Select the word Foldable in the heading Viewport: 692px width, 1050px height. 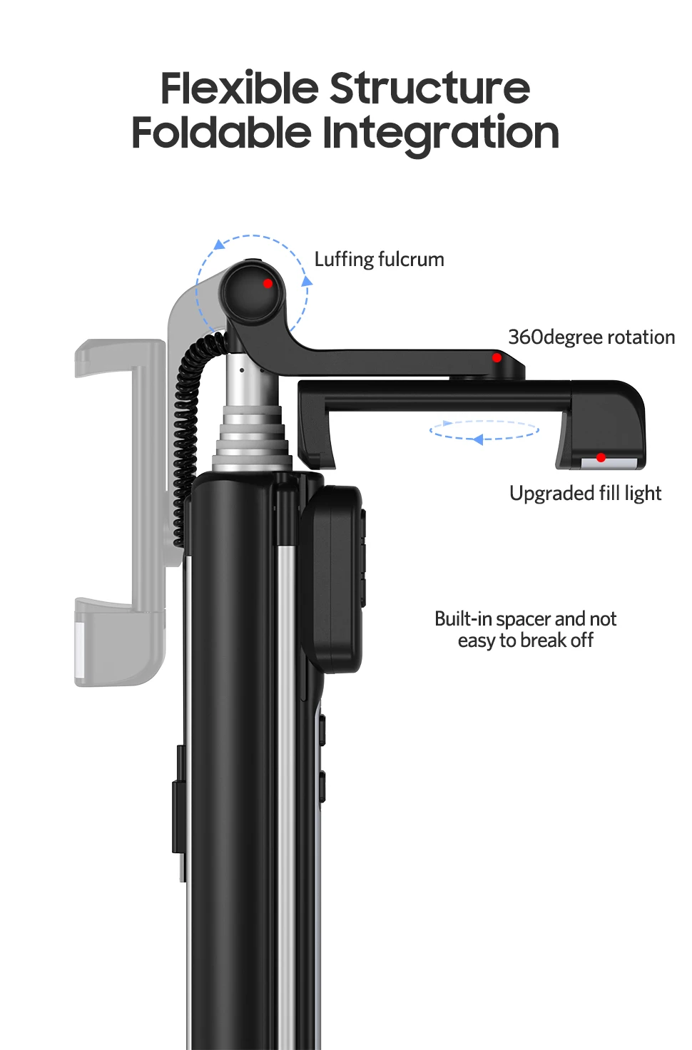[x=221, y=132]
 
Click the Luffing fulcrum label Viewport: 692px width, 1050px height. [x=379, y=259]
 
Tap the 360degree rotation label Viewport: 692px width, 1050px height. [x=591, y=337]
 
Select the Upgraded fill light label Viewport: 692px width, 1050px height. [x=585, y=494]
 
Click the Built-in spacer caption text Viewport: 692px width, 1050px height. [x=525, y=629]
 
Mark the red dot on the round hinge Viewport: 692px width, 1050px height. [x=268, y=283]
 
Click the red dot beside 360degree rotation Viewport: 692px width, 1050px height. [x=497, y=357]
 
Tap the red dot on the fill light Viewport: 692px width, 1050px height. [x=601, y=457]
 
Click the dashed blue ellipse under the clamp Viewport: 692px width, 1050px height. [x=484, y=430]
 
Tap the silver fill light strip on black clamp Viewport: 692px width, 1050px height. [x=609, y=463]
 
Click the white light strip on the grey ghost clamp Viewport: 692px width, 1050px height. [x=79, y=650]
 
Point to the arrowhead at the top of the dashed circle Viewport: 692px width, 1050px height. [x=219, y=245]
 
